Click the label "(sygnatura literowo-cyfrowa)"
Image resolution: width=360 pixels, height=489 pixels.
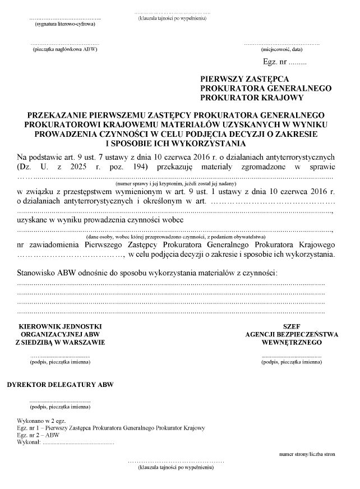click(x=65, y=25)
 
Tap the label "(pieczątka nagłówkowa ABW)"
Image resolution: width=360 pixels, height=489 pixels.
click(x=65, y=50)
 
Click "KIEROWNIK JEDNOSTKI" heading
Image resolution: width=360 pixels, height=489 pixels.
click(x=62, y=326)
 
